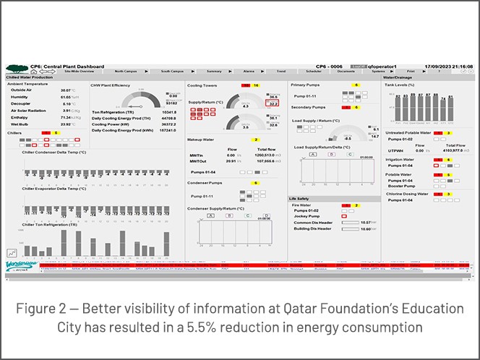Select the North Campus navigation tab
[x=125, y=72]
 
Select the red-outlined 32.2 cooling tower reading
[x=273, y=103]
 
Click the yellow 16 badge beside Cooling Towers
[x=255, y=85]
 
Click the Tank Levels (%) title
[x=399, y=85]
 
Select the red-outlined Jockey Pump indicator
[x=343, y=216]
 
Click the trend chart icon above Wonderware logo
[x=12, y=252]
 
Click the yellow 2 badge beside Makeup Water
[x=255, y=139]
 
